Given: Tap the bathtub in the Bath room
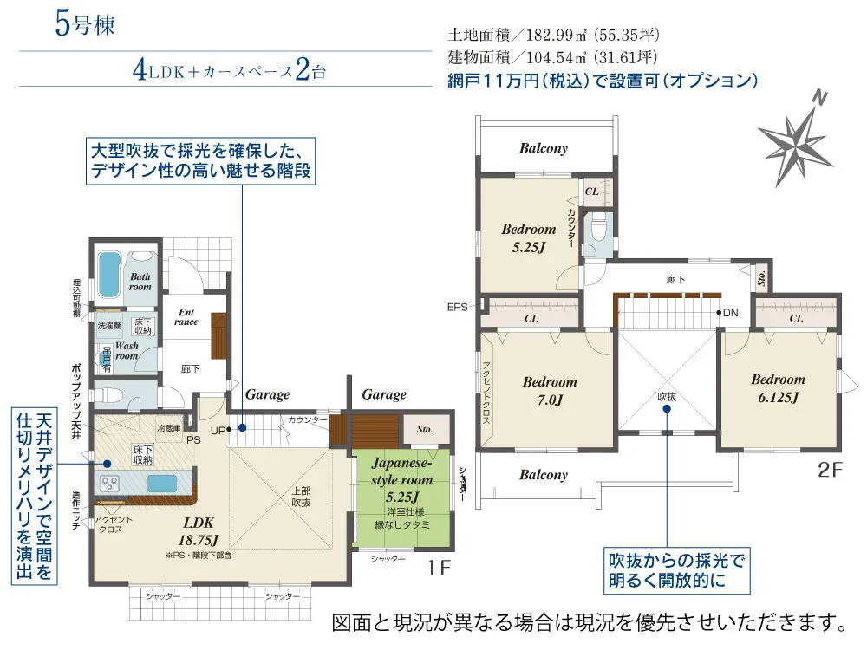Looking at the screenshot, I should point(108,274).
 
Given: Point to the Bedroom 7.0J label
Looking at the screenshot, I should point(549,390).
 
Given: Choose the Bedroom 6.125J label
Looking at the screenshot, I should point(778,387).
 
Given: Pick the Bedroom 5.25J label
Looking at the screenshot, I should point(528,237).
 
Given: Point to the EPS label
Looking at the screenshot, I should point(457,307).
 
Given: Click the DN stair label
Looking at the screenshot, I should point(730,312).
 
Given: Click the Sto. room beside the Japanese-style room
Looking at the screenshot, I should point(425,428).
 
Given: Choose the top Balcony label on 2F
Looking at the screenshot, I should point(544,148).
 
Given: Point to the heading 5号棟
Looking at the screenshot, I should point(84,23).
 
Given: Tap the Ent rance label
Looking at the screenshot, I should point(186,316).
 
